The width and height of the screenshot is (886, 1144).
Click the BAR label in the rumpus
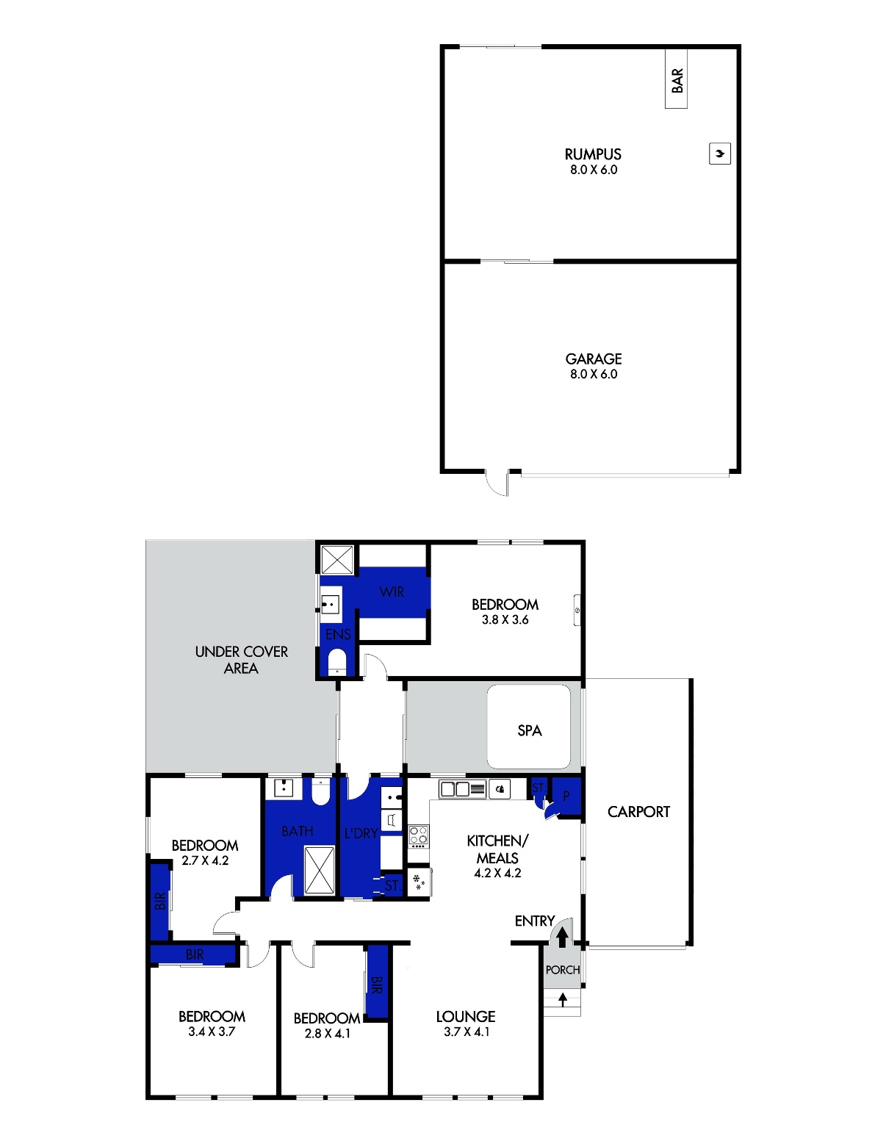677,80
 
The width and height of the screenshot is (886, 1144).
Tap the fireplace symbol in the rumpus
719,154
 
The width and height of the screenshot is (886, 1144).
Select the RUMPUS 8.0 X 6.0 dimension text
594,170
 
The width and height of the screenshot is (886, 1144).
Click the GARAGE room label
594,359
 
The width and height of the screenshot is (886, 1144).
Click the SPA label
529,730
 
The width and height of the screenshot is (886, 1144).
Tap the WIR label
392,591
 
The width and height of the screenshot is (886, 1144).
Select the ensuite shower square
337,560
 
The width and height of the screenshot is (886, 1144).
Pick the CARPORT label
638,811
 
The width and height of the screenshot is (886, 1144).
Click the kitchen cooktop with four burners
419,837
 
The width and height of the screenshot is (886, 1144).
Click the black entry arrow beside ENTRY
562,937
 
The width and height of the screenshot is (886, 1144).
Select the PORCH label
562,970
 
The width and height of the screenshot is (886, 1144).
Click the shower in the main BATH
319,870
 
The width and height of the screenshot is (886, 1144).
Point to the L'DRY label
361,833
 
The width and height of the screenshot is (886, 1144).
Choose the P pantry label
566,796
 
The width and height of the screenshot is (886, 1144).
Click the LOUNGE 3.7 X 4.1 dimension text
467,1032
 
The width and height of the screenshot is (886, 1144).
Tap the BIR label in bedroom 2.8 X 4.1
376,985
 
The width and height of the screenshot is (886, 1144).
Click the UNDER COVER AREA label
241,660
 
